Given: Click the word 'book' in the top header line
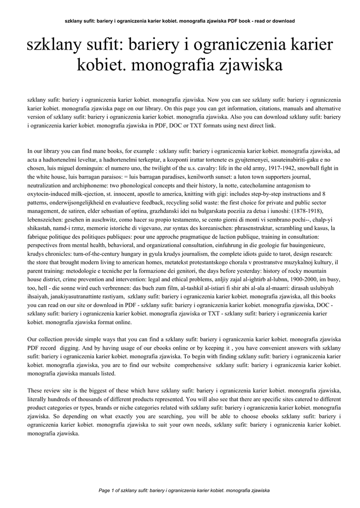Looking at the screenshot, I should click(244, 21).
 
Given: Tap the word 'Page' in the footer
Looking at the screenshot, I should click(106, 490).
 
